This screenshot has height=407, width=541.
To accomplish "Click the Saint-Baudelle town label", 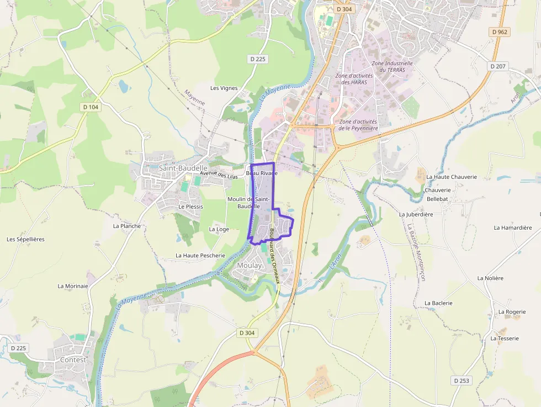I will [183, 168].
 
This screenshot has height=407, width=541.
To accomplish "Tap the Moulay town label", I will [249, 266].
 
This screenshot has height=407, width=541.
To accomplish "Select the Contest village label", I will [73, 360].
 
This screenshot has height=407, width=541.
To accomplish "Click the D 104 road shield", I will [90, 107].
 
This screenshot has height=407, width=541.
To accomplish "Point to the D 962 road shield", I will [499, 32].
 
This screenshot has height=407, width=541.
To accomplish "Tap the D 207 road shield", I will [497, 66].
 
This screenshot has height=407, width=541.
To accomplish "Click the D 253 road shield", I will [462, 380].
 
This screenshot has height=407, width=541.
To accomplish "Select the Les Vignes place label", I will [224, 88].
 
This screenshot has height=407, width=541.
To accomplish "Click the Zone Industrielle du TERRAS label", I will [392, 67].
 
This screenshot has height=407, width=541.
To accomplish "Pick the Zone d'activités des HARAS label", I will [354, 79].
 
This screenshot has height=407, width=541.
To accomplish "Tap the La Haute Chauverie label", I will [452, 177].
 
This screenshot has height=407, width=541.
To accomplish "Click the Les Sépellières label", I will [25, 240].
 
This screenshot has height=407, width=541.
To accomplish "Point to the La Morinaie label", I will [73, 286].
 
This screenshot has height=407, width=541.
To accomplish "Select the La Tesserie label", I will [505, 339].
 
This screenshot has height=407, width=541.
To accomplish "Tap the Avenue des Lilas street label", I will [219, 175].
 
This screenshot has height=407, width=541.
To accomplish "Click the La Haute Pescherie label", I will [200, 256].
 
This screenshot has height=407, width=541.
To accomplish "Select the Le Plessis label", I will [190, 207].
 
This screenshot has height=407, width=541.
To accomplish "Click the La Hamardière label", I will [513, 228].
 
